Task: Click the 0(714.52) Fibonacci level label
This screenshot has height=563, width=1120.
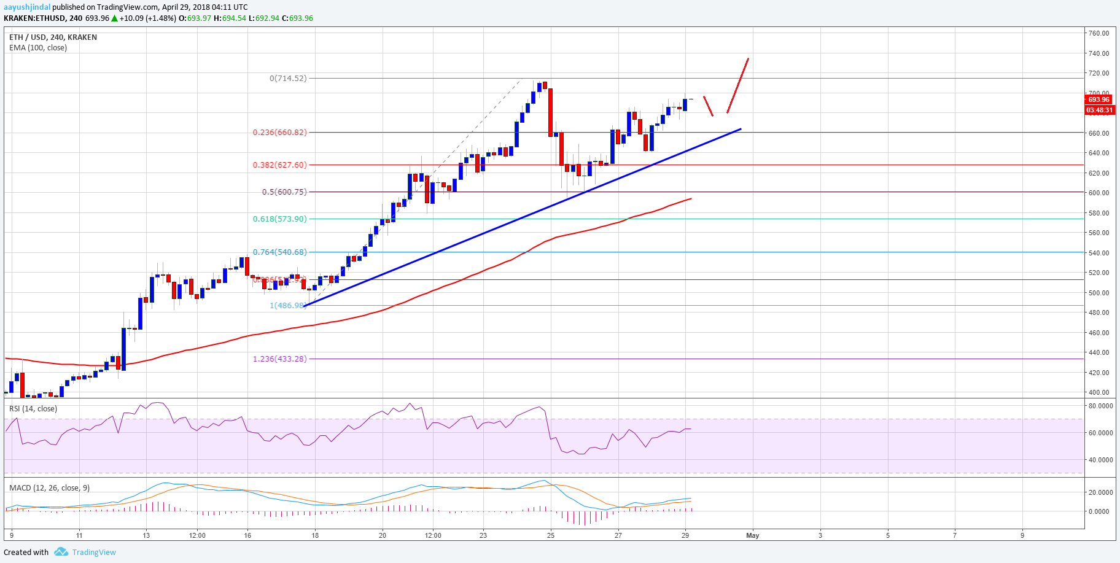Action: [288, 79]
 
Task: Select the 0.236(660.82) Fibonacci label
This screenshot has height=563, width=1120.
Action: [279, 133]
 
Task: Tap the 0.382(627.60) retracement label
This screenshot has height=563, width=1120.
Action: [279, 165]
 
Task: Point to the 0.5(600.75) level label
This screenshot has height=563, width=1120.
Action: [284, 192]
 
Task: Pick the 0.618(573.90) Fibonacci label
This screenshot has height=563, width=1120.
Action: [279, 219]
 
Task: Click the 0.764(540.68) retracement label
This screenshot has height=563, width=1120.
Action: [279, 252]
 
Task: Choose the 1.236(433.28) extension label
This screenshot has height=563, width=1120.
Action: [279, 359]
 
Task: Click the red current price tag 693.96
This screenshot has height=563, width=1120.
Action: [1099, 99]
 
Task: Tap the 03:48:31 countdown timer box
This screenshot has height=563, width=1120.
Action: [1099, 111]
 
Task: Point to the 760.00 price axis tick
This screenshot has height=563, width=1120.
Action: [1099, 33]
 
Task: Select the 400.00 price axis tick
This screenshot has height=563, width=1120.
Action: [1099, 392]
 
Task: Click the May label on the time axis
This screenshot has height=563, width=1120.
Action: [752, 535]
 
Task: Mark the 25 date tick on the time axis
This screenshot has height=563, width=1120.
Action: [551, 535]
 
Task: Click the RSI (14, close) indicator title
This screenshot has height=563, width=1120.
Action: [33, 409]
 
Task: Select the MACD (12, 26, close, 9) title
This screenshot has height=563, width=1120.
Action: [49, 488]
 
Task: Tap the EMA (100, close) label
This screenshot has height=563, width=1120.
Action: [38, 48]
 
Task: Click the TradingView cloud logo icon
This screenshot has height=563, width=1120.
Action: [61, 552]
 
